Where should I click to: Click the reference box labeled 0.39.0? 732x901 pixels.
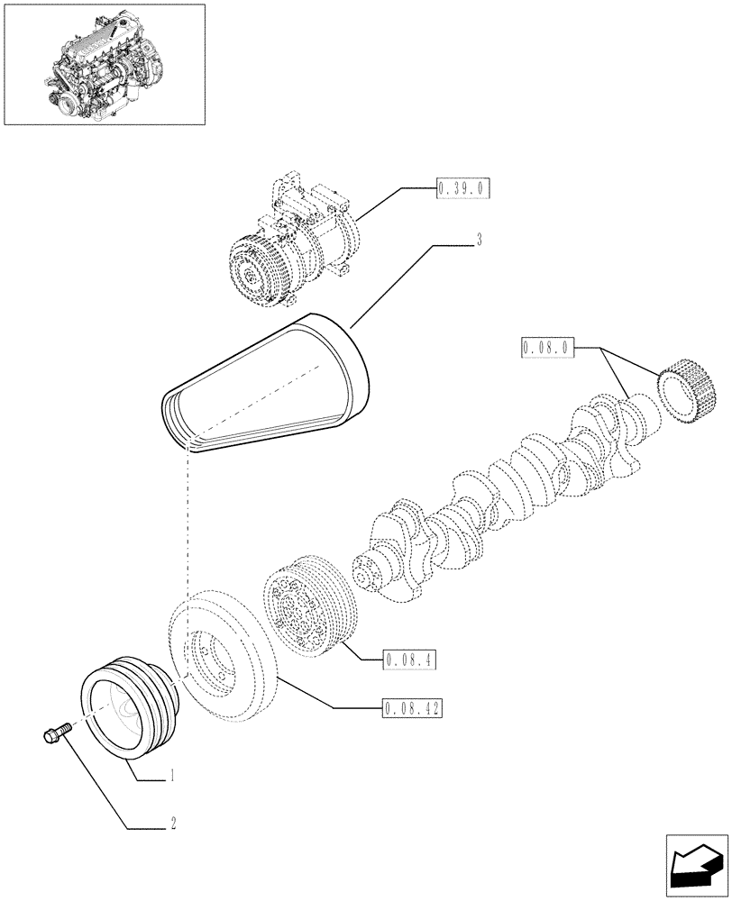click(462, 189)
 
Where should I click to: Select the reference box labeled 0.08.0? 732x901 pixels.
click(547, 347)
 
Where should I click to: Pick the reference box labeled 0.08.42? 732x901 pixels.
click(412, 708)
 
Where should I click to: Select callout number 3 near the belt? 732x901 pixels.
click(480, 241)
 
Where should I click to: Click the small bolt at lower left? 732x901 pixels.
click(57, 729)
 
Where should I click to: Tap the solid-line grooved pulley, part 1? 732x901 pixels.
click(126, 712)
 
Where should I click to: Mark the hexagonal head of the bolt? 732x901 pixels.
click(50, 736)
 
